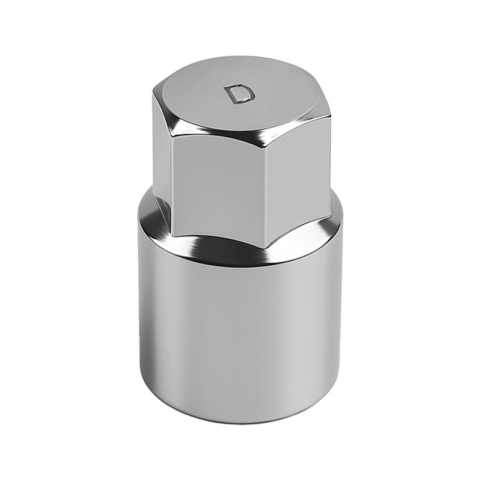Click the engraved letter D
(x=240, y=94)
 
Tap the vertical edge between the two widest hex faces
(x=266, y=192)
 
